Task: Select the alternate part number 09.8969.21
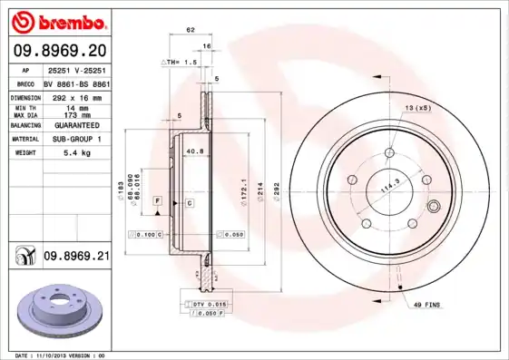[x=76, y=257]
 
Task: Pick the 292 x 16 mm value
[x=76, y=95]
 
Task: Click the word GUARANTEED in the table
[x=76, y=125]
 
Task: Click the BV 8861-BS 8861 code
[x=76, y=82]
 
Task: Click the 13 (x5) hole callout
[x=416, y=108]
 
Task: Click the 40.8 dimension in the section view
[x=193, y=151]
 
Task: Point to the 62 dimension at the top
[x=191, y=31]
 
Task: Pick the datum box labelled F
[x=157, y=199]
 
